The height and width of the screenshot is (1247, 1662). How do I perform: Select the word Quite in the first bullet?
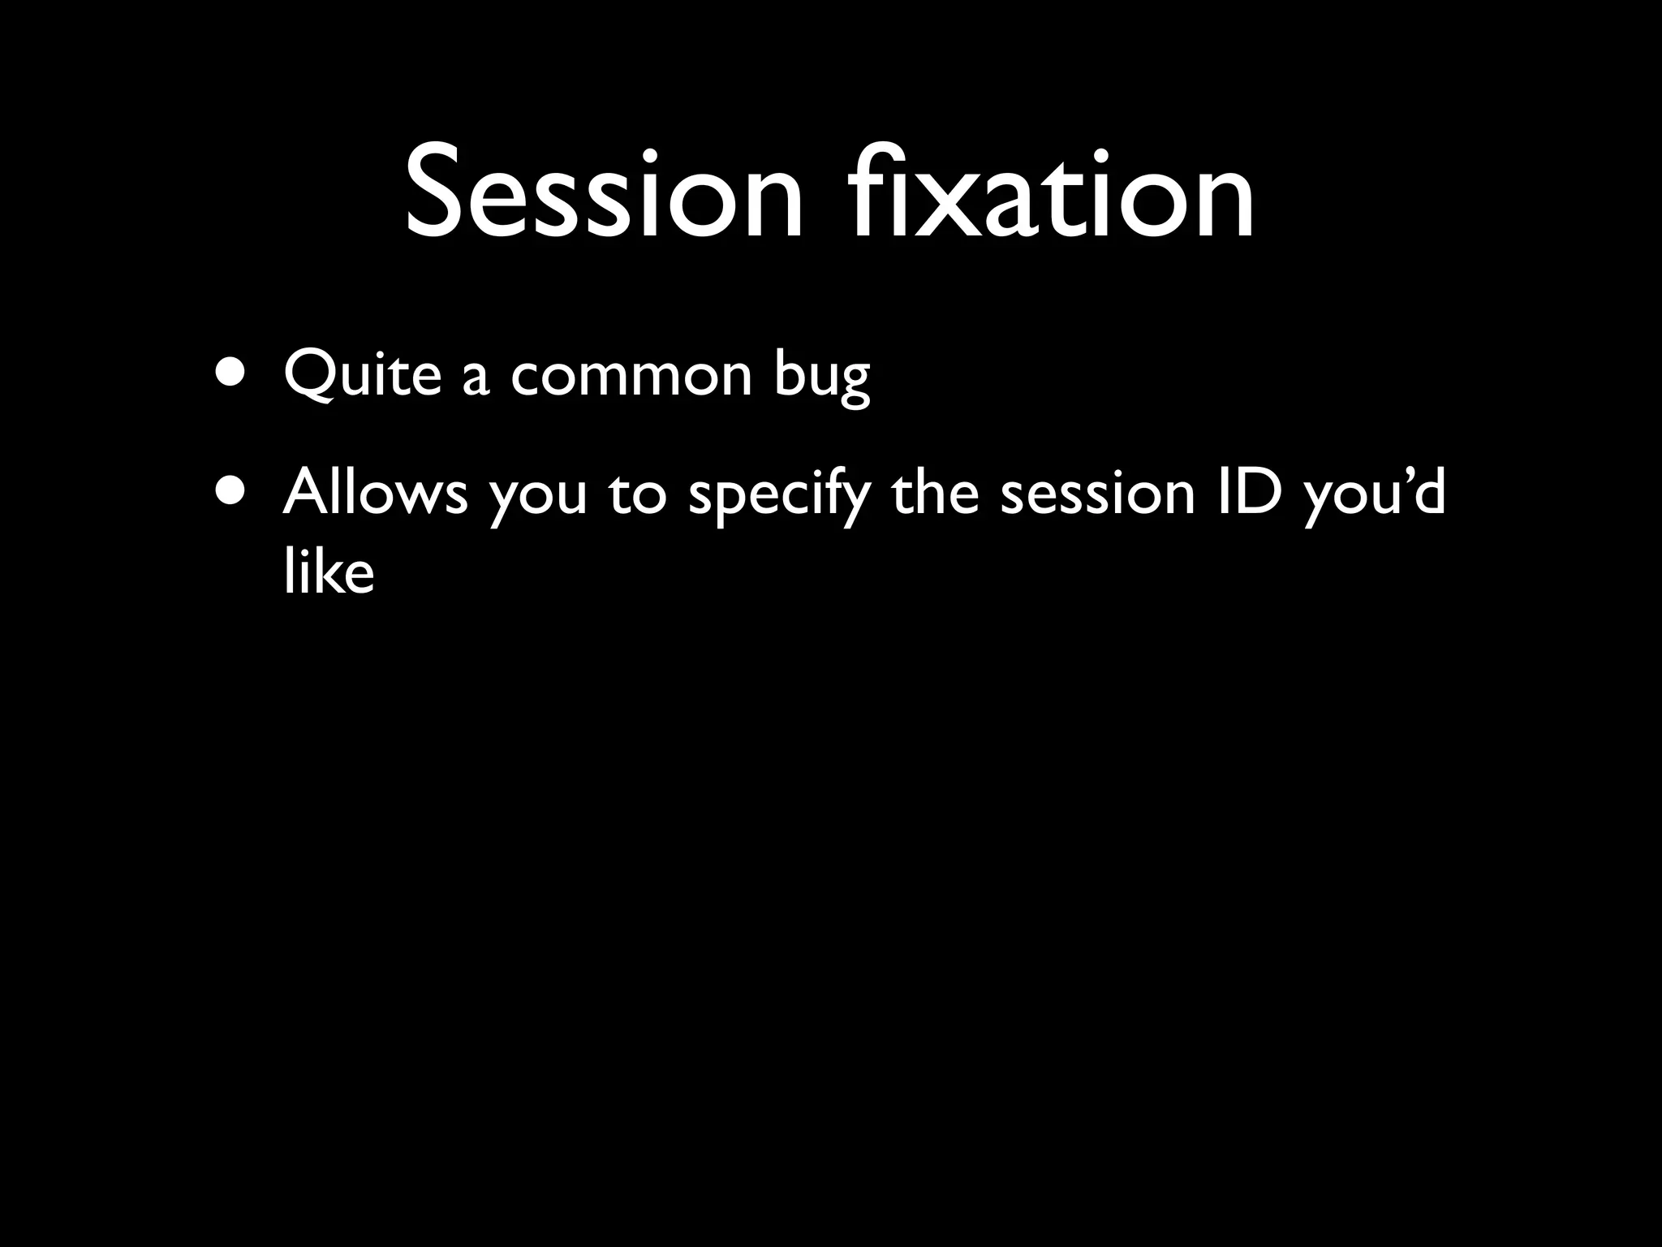362,374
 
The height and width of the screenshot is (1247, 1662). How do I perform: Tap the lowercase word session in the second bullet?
1097,494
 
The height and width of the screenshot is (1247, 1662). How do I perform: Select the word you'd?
1375,494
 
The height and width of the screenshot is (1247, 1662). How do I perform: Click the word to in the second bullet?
637,494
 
